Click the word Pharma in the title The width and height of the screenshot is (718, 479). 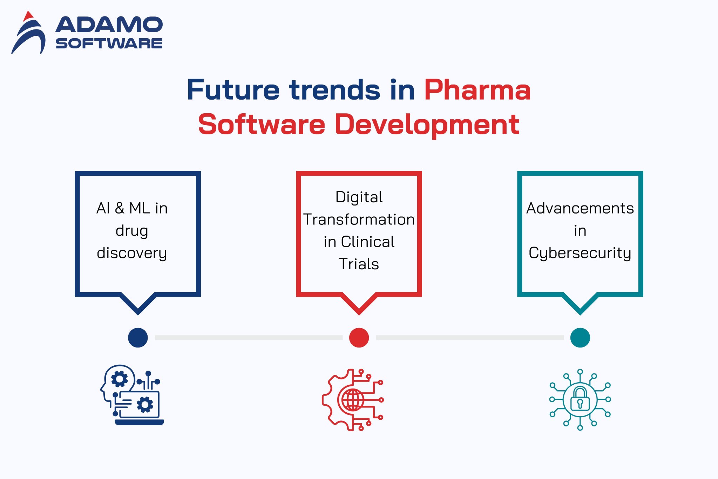[477, 90]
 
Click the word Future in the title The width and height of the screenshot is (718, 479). [233, 90]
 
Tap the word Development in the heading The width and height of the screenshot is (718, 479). [427, 124]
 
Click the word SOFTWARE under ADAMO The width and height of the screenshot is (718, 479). [109, 43]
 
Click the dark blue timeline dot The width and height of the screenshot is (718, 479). [138, 337]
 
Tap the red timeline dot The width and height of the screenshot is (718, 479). [359, 337]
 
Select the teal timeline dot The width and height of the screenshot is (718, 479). [580, 337]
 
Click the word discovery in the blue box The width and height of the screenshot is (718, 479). [132, 253]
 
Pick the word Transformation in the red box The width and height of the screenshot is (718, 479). [359, 220]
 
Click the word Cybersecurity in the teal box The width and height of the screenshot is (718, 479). [580, 253]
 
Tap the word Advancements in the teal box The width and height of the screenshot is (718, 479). [580, 208]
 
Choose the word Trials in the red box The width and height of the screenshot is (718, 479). [359, 264]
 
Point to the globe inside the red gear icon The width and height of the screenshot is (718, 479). [352, 400]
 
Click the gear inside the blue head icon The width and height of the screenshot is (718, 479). [119, 379]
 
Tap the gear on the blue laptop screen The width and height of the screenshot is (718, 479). [145, 405]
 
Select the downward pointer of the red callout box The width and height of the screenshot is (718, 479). [359, 304]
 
